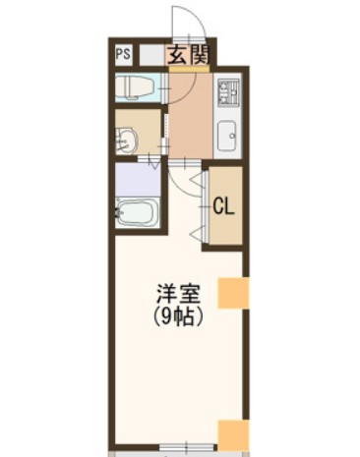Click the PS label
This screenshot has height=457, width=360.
124,55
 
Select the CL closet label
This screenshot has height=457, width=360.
223,206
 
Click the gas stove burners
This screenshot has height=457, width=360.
228,94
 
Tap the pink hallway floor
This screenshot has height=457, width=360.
189,118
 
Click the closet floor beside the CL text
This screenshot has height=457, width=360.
223,231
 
